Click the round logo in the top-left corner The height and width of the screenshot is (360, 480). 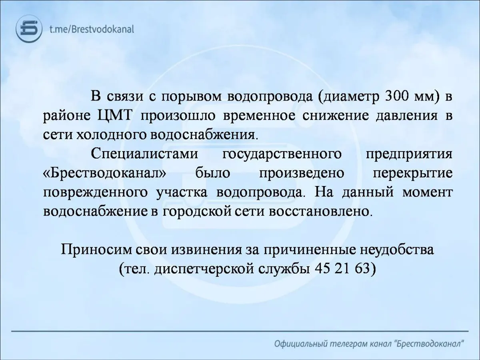(x=29, y=29)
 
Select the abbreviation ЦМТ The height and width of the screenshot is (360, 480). (x=114, y=116)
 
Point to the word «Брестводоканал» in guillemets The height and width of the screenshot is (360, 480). (x=104, y=173)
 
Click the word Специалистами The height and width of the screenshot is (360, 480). (x=144, y=154)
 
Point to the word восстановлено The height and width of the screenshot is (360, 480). (x=320, y=212)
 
